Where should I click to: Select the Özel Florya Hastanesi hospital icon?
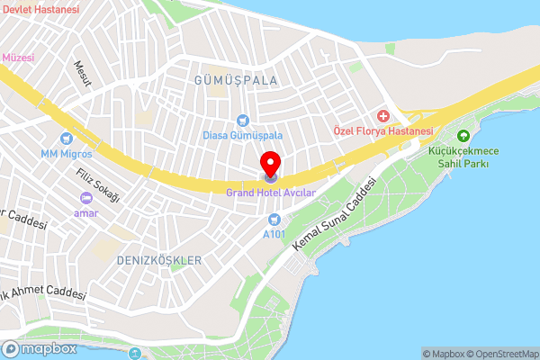click(384, 116)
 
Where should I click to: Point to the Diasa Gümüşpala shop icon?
click(242, 121)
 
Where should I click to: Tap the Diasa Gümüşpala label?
click(242, 135)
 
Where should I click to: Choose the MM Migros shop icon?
click(66, 139)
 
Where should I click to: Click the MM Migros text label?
click(66, 153)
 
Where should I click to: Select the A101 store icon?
click(274, 220)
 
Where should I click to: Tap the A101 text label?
click(274, 234)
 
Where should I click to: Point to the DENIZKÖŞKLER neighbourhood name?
click(159, 259)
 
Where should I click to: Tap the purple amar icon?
click(86, 198)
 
